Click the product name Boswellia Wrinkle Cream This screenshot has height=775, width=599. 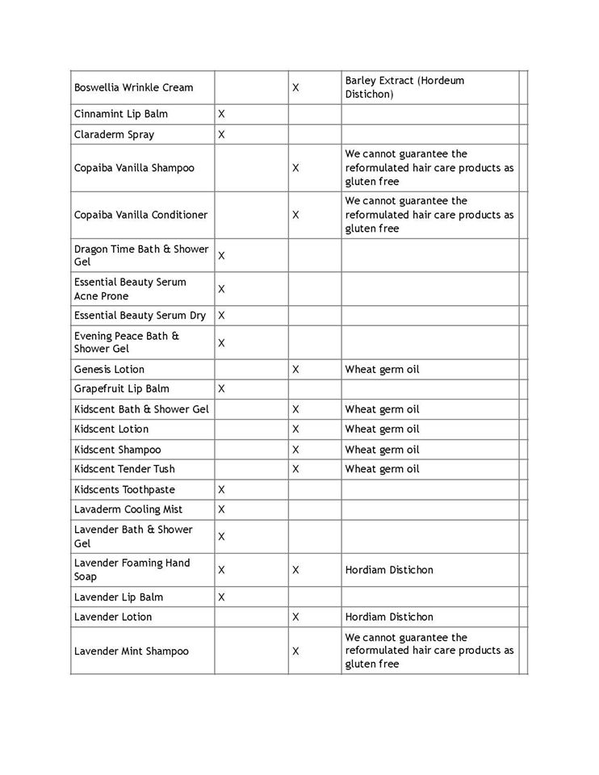coord(133,87)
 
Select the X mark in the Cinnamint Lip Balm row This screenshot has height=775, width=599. coord(221,114)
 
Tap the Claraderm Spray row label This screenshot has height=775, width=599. coord(114,134)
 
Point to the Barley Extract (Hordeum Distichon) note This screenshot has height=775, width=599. coord(404,87)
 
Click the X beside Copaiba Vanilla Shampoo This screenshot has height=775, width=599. coord(295,168)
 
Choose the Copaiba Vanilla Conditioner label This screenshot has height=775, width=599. coord(140,215)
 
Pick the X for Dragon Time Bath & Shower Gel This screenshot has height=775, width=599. coord(221,255)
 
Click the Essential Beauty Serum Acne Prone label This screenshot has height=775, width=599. coord(130,289)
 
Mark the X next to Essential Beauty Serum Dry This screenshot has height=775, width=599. coord(221,316)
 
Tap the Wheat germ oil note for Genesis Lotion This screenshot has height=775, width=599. coord(382,369)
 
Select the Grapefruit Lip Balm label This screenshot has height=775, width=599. coord(121,388)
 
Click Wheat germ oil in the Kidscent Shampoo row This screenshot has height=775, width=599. coord(382,450)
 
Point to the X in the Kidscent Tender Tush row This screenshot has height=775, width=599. coord(295,469)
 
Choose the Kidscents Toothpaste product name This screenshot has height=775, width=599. coord(124,489)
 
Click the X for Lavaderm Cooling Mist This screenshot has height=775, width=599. coord(221,509)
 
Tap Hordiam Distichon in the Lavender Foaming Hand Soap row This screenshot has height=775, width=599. coord(389,570)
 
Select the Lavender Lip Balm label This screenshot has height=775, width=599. coord(119,597)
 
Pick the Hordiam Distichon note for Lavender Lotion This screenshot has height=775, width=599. coord(389,617)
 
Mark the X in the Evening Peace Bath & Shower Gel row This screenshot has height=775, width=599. coord(221,342)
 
